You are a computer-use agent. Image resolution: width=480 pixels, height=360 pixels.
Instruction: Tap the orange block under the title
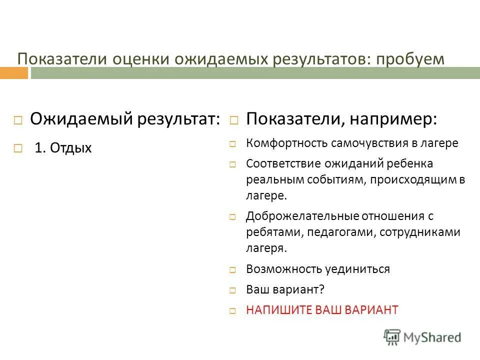(x=14, y=73)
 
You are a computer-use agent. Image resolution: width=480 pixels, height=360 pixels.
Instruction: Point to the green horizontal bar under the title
(x=255, y=73)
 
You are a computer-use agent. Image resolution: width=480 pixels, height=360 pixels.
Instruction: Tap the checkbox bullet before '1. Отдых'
(x=18, y=148)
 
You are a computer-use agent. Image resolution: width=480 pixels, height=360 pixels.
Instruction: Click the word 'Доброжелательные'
(x=295, y=216)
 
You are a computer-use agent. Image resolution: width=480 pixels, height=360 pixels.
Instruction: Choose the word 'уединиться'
(x=359, y=269)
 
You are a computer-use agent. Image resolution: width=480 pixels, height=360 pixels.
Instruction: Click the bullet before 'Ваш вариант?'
(x=232, y=290)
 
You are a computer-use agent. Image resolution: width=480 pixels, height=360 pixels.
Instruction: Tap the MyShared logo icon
(x=392, y=337)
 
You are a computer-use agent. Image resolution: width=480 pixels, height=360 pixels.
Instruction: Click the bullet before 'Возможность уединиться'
(x=232, y=269)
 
